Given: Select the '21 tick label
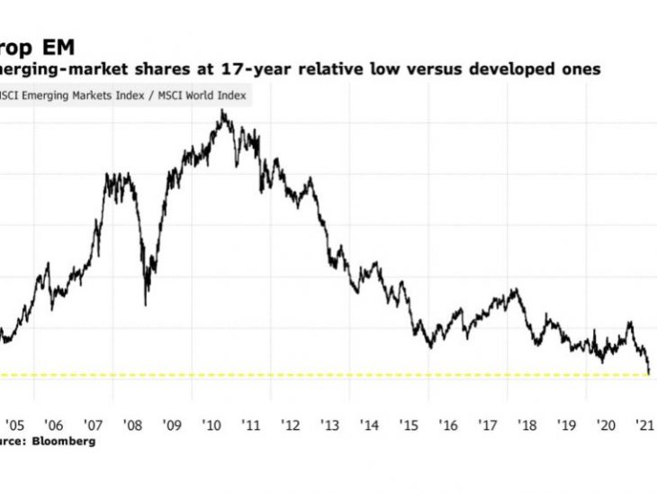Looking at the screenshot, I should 643,425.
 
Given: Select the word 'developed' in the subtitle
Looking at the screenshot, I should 503,69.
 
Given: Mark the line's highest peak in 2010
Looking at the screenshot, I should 221,111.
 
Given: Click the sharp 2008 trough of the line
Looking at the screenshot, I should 146,304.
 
